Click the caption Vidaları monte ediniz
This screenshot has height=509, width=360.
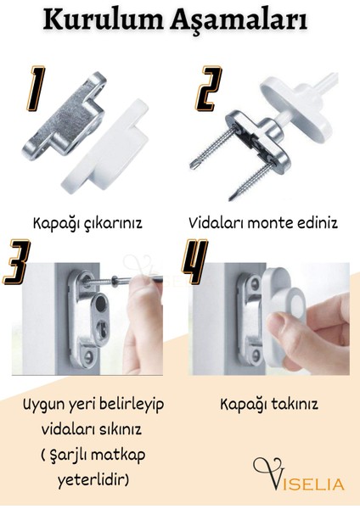point(263,224)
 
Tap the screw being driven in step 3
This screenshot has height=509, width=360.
point(119,280)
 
